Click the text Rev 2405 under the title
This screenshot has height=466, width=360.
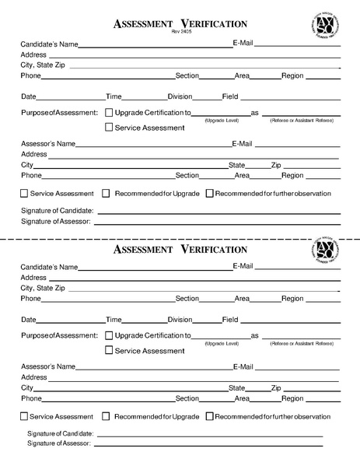(180, 33)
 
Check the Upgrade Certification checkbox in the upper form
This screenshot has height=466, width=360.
(108, 112)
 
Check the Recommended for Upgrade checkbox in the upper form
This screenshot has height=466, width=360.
(107, 194)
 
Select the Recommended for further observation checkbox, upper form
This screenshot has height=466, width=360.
(209, 194)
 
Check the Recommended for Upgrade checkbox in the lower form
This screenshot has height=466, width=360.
(107, 416)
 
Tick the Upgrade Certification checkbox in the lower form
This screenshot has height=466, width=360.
(108, 335)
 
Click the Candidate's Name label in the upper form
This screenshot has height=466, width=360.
(48, 45)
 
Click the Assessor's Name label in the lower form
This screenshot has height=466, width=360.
(48, 366)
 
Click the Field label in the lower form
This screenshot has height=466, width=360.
(230, 320)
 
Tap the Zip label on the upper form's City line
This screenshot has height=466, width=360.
(276, 165)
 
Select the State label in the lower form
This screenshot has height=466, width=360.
(236, 387)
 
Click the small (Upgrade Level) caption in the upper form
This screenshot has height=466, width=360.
(222, 121)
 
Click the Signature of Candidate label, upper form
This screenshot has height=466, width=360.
(57, 211)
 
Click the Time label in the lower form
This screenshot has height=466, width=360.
(114, 320)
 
